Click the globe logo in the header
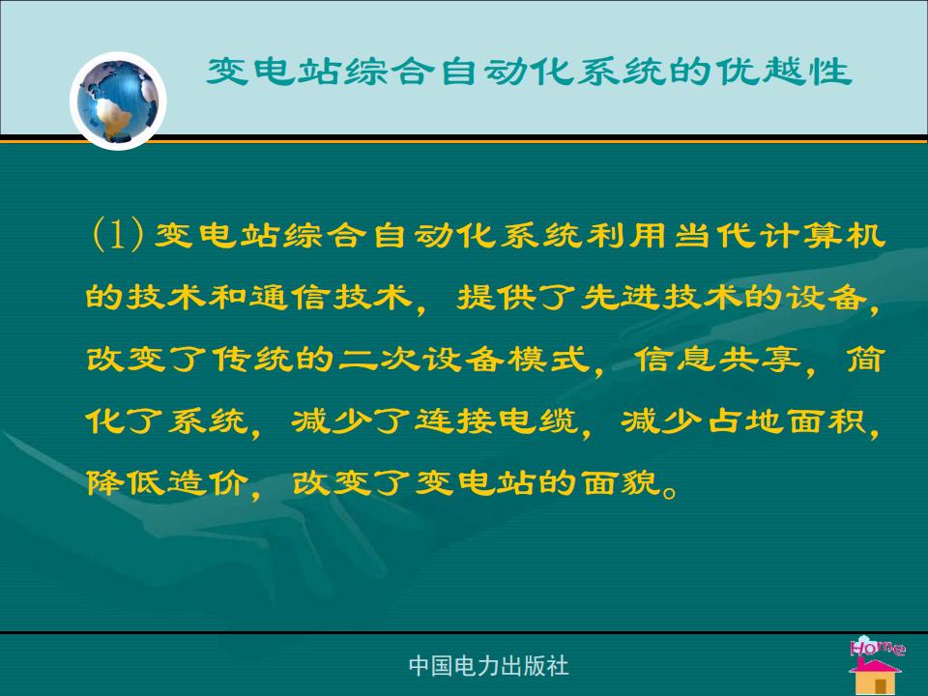118,101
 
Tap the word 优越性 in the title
784,72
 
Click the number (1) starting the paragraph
118,234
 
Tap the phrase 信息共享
718,359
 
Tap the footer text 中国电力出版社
489,666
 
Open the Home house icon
877,666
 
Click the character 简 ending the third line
865,359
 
